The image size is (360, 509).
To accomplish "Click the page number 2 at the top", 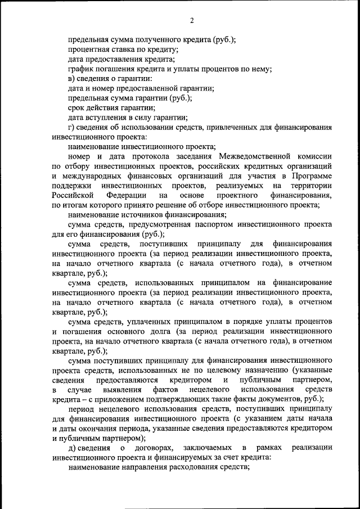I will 191,21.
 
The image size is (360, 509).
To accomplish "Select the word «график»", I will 82,69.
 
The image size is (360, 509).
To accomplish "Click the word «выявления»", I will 121,390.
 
